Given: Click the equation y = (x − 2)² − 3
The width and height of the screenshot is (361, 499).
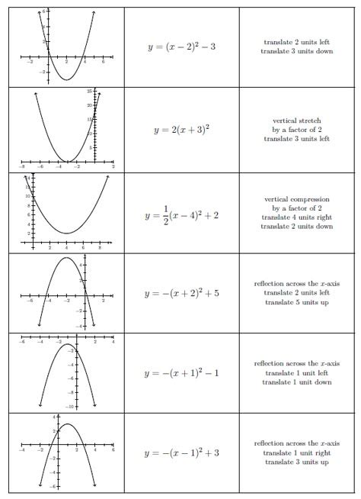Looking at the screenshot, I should tap(181, 47).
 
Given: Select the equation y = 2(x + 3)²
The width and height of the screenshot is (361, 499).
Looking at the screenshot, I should tap(181, 129).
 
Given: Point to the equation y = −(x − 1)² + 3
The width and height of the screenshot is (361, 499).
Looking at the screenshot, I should tap(181, 453).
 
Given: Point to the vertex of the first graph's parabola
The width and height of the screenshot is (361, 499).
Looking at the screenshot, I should tap(66, 79).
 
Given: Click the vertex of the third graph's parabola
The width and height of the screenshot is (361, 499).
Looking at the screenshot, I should tap(67, 233).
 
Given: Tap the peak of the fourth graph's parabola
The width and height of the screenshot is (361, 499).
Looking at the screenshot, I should tap(66, 258).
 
